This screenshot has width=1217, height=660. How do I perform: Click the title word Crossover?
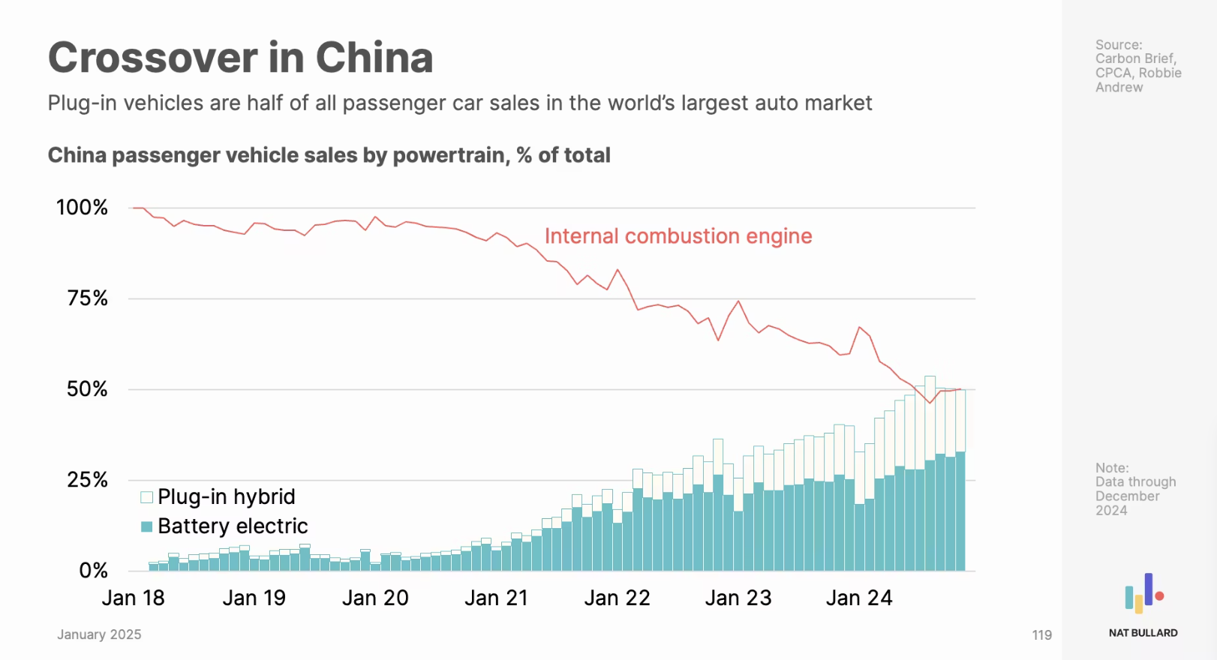(152, 58)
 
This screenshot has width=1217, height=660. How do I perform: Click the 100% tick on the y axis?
(82, 208)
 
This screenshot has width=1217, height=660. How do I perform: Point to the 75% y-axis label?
(87, 298)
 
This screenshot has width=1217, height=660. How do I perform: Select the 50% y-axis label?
(87, 389)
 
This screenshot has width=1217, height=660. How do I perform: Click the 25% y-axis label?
(87, 480)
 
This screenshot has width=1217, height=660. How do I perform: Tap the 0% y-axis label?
(93, 571)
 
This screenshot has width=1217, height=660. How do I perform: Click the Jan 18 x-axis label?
(133, 598)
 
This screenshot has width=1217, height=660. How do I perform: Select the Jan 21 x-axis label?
(496, 598)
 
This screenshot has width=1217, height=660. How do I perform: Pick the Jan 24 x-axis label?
(859, 598)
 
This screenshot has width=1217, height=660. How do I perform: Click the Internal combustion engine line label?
(678, 236)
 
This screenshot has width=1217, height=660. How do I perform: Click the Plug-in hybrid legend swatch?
(147, 497)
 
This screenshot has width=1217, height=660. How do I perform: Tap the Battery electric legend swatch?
(147, 526)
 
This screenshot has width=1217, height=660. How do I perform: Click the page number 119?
(1041, 635)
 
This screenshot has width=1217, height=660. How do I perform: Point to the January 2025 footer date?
(99, 634)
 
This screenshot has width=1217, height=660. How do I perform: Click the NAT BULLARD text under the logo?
(1143, 633)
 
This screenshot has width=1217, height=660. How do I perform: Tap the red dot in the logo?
(1159, 596)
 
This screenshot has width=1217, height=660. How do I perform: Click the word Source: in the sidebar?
(1118, 45)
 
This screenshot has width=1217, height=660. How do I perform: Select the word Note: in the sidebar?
(1111, 468)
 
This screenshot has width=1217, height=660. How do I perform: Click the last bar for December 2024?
(960, 510)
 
